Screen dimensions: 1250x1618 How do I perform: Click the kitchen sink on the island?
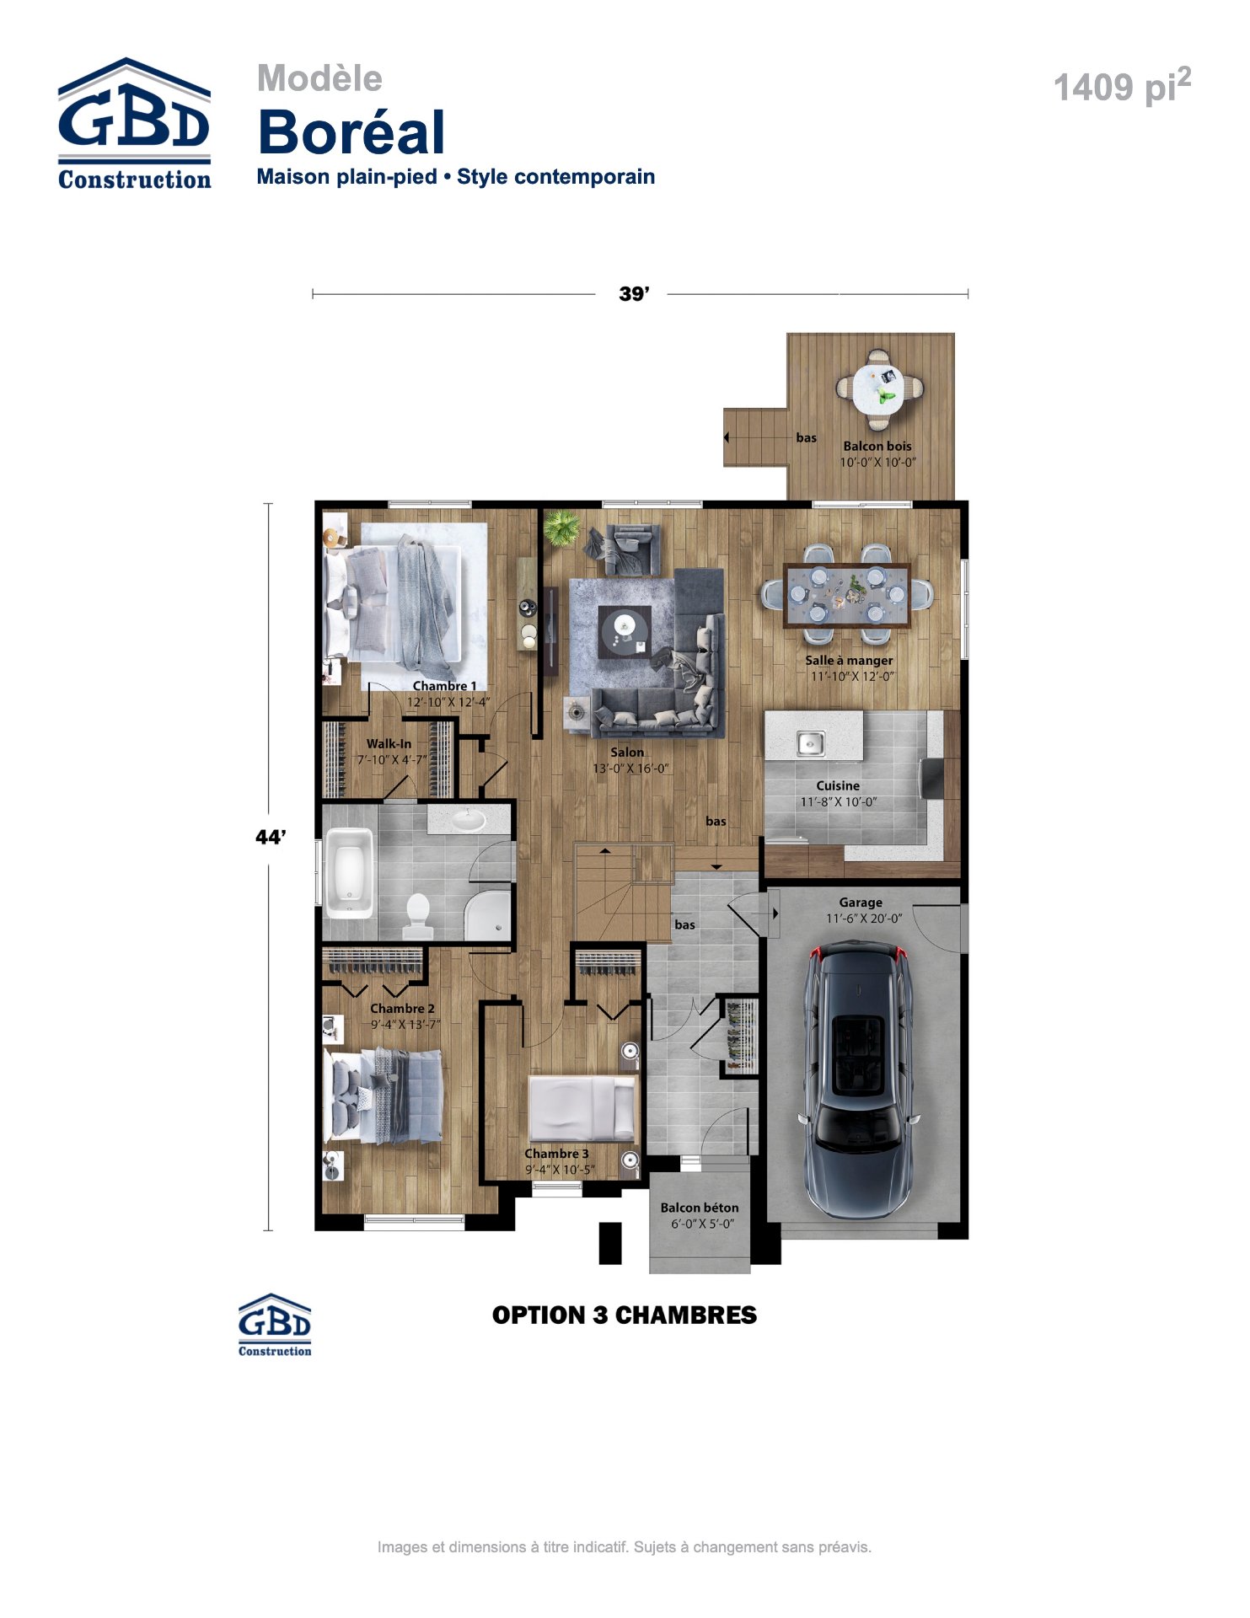[x=811, y=743]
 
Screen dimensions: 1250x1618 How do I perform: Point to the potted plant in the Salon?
[x=562, y=528]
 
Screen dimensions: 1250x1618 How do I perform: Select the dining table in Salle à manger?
[x=847, y=595]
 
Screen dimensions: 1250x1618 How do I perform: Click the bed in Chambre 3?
[x=582, y=1107]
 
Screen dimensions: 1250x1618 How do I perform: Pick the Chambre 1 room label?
[x=444, y=686]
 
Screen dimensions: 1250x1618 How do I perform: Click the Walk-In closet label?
[x=389, y=744]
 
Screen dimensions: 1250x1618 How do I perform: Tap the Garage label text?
[x=861, y=903]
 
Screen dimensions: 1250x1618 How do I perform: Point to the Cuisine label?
[x=838, y=785]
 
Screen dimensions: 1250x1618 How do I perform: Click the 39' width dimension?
[x=634, y=294]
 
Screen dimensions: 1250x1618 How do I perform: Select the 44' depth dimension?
[x=270, y=837]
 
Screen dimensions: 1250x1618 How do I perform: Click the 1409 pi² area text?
[x=1123, y=86]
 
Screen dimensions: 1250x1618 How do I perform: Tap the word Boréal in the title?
[x=351, y=132]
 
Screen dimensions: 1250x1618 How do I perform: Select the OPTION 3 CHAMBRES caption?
[x=625, y=1315]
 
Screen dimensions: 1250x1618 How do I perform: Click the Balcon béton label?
[x=700, y=1208]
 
